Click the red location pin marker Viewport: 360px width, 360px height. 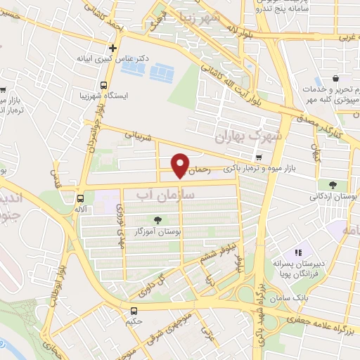coord(181,165)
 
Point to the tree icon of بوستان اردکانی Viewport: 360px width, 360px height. coord(332,185)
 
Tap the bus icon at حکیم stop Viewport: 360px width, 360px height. coord(134,310)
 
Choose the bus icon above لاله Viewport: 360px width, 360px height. coord(81,198)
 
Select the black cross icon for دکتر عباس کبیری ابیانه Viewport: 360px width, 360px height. coord(112,47)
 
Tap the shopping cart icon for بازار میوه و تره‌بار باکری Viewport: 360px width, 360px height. coord(259,157)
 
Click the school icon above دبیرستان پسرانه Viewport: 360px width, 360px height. coord(298,252)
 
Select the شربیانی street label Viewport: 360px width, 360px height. coord(138,133)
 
